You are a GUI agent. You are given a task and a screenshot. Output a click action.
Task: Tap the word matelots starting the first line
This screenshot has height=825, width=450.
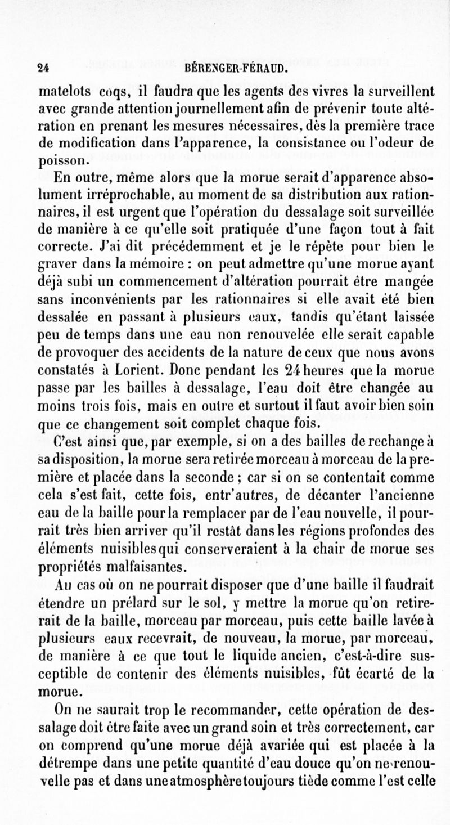tap(61, 90)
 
